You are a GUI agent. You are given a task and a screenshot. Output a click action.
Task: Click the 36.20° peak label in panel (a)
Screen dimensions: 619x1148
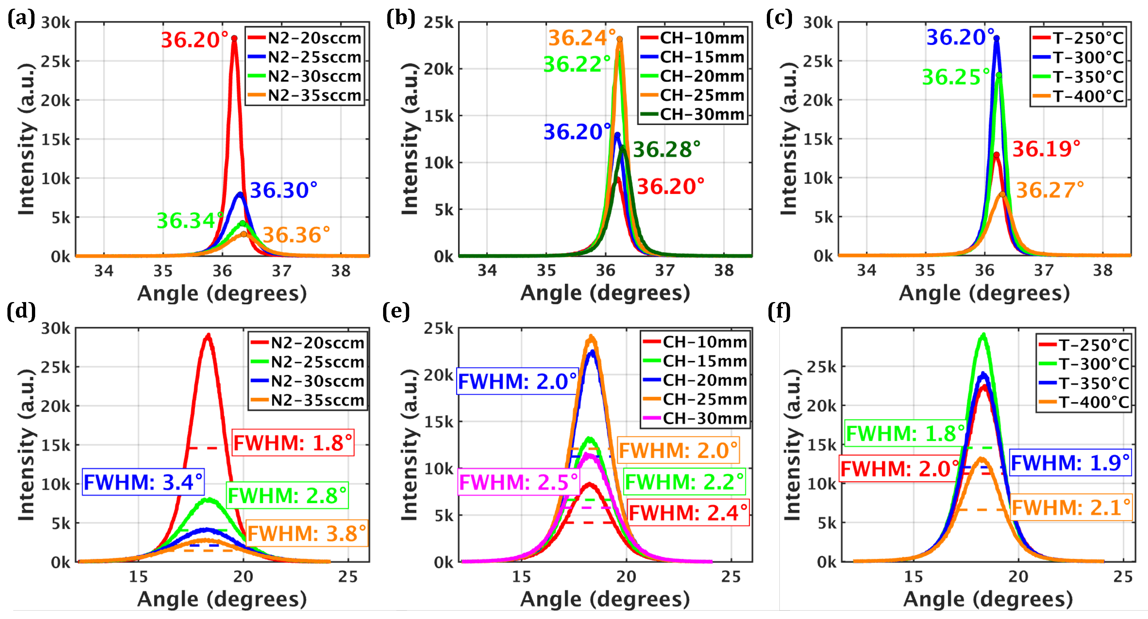(195, 40)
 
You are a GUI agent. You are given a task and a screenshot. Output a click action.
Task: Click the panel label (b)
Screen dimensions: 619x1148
(401, 19)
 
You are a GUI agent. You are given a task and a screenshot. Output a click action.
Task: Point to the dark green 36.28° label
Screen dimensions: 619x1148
(666, 150)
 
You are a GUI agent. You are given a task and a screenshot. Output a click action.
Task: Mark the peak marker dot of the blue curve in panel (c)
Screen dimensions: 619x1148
(996, 38)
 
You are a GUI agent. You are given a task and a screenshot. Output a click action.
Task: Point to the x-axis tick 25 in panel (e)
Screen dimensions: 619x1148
(731, 577)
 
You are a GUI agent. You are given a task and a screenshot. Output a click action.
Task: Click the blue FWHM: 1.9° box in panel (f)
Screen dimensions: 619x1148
(1070, 463)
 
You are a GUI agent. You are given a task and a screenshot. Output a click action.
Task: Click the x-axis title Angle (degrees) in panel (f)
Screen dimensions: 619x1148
(987, 599)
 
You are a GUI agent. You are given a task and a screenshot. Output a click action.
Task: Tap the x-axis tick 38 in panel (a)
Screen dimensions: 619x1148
(341, 271)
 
